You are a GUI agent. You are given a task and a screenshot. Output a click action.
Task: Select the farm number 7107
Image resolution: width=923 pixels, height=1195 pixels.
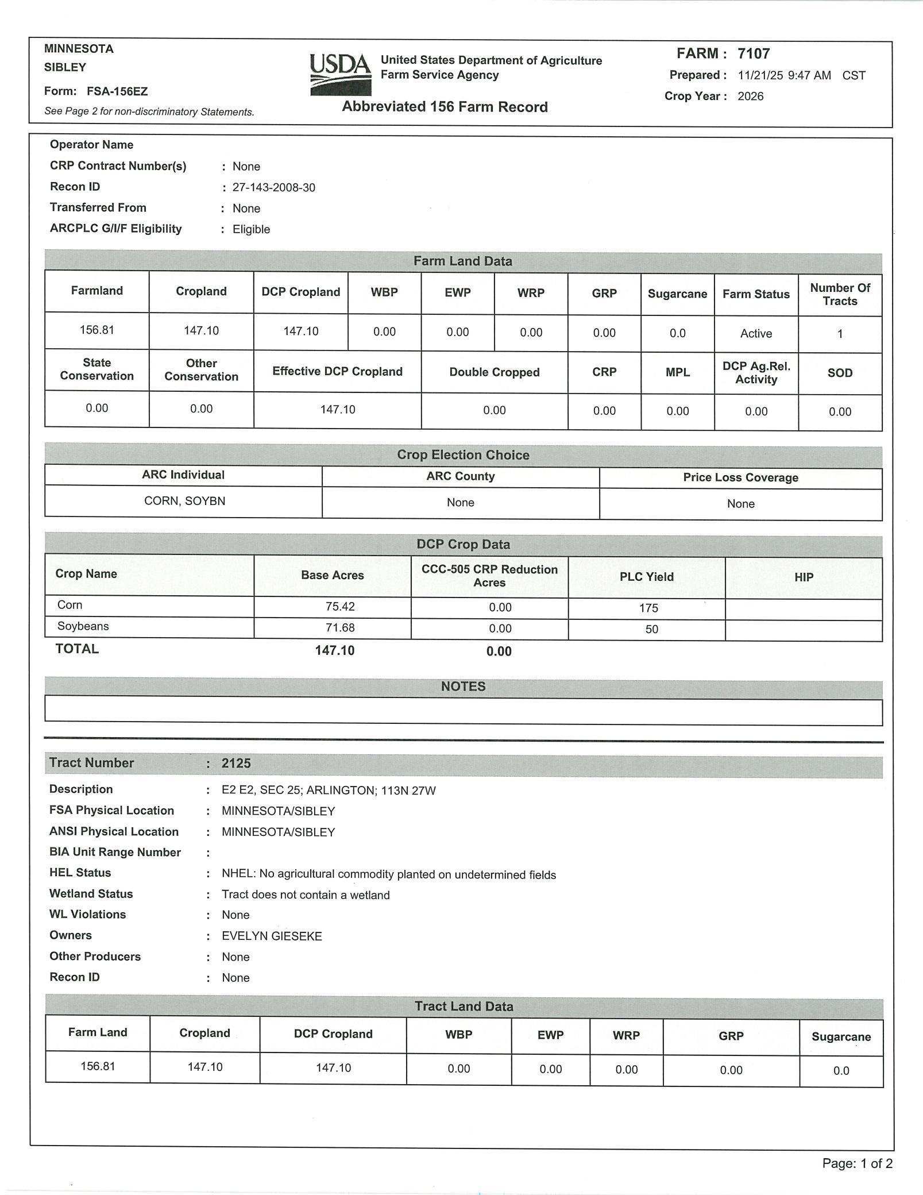pyautogui.click(x=754, y=54)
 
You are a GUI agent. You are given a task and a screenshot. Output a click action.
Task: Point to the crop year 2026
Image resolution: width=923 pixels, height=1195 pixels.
pyautogui.click(x=751, y=97)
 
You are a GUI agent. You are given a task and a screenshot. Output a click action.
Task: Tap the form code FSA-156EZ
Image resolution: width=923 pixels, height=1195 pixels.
pyautogui.click(x=117, y=91)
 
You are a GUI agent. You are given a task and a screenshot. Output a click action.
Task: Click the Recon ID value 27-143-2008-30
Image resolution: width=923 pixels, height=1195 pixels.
pyautogui.click(x=273, y=188)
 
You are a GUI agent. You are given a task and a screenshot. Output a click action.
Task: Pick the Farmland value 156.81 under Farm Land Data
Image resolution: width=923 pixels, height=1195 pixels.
pyautogui.click(x=96, y=330)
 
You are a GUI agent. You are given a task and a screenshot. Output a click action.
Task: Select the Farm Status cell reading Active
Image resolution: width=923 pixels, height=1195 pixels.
pyautogui.click(x=756, y=334)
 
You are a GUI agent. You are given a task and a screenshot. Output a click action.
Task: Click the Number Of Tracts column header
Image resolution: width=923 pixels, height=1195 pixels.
pyautogui.click(x=840, y=294)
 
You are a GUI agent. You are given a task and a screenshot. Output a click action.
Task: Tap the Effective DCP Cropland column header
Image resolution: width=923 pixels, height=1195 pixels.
pyautogui.click(x=337, y=372)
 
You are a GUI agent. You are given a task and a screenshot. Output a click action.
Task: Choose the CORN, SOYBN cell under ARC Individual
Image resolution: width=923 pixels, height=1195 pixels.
pyautogui.click(x=184, y=501)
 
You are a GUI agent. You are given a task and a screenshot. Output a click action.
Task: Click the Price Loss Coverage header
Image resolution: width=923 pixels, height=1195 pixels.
pyautogui.click(x=740, y=477)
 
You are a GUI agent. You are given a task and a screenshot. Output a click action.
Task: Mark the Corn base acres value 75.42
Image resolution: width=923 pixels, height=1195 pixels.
pyautogui.click(x=340, y=607)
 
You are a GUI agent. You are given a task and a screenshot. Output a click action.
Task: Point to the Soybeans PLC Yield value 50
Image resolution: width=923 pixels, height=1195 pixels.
pyautogui.click(x=651, y=629)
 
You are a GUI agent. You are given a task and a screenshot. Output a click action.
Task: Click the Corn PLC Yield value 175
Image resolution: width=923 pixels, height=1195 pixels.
pyautogui.click(x=648, y=608)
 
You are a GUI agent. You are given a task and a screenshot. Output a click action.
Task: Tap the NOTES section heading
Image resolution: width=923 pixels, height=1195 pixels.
pyautogui.click(x=463, y=687)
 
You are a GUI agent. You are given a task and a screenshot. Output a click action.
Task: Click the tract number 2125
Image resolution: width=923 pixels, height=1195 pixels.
pyautogui.click(x=236, y=763)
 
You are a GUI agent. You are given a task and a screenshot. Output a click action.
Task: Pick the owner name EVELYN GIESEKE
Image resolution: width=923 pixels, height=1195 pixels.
pyautogui.click(x=272, y=936)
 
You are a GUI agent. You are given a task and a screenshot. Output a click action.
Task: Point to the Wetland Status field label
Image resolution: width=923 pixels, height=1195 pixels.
pyautogui.click(x=91, y=893)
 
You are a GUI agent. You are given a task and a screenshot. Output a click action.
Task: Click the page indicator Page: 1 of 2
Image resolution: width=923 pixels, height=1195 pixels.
pyautogui.click(x=857, y=1163)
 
